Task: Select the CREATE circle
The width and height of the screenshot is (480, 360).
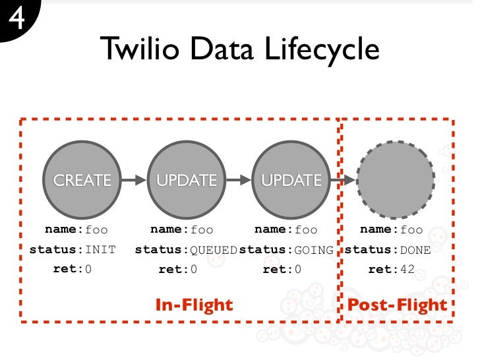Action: coord(82,179)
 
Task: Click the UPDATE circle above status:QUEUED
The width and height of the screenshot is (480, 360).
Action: coord(187,179)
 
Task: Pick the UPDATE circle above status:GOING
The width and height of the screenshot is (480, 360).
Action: coord(291,179)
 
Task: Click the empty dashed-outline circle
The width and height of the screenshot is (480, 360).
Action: coord(396,179)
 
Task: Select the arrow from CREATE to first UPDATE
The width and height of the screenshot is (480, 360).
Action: coord(135,179)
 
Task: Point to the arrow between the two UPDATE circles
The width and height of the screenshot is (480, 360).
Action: coord(239,179)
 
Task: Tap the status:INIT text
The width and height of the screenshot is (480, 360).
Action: coord(73,250)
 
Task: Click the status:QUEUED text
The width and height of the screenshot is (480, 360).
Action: coord(186,250)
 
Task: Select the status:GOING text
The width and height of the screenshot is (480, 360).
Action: coord(286,250)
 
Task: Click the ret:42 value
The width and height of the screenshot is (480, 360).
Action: coord(391,269)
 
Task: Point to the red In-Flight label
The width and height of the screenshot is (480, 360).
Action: coord(194,305)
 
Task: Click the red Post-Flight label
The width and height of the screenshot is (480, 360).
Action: coord(397,305)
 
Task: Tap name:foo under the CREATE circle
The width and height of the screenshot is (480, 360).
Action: coord(76,230)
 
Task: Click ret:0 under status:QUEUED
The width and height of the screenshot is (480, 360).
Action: coord(178,269)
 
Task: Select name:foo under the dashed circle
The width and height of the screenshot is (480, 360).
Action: coord(392,230)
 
